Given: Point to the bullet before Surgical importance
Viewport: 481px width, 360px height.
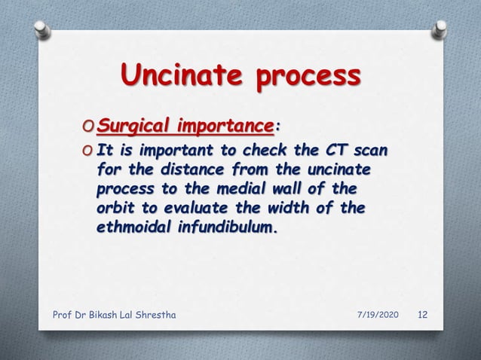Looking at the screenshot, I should coord(90,124).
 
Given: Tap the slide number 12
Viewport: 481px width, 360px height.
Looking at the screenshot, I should coord(424,314).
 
